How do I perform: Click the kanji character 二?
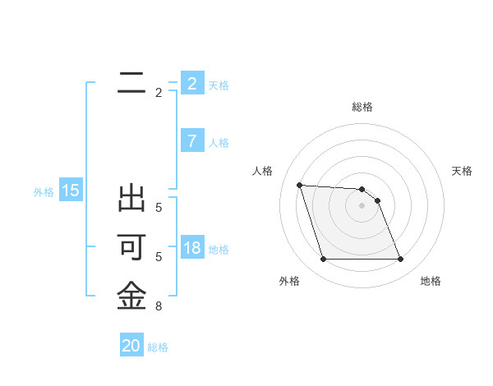click(131, 82)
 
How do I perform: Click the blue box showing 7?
click(191, 141)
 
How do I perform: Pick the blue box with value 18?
click(191, 248)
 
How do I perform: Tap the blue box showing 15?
click(71, 191)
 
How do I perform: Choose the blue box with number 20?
click(131, 346)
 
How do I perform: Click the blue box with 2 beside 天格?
click(191, 84)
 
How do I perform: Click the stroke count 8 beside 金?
click(159, 306)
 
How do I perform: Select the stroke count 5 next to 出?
click(159, 207)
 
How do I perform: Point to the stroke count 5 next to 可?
click(159, 257)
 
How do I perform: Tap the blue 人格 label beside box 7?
click(219, 143)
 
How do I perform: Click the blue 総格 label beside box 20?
click(158, 347)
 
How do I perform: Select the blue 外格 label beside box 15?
click(44, 192)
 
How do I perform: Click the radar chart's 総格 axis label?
click(362, 107)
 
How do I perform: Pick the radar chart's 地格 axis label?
click(431, 281)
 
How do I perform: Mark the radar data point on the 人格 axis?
click(299, 185)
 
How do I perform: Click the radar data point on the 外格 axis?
click(323, 260)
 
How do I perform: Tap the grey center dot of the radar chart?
click(362, 205)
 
